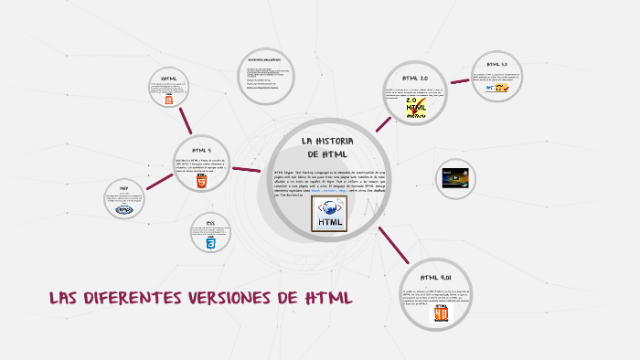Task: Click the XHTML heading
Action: [168, 79]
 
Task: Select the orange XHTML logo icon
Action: [169, 101]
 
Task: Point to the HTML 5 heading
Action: [201, 150]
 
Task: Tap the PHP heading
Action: [124, 187]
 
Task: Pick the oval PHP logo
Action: [124, 209]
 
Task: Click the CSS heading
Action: [210, 223]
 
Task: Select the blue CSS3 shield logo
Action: [210, 244]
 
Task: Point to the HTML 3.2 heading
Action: [497, 64]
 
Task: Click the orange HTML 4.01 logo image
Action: [442, 313]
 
